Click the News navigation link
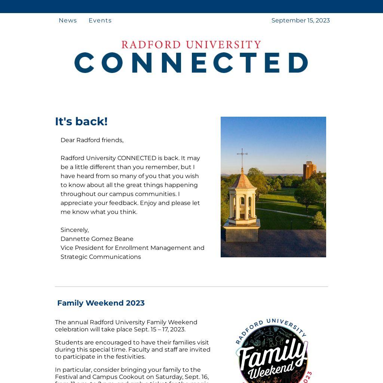tap(68, 21)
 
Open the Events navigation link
tap(100, 21)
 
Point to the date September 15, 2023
tap(300, 21)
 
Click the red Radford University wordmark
tap(191, 45)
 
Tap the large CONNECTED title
tap(191, 62)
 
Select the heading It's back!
tap(81, 122)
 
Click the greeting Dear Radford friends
tap(92, 140)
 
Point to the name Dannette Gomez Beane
tap(97, 239)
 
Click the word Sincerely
tap(74, 230)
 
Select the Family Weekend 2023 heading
tap(101, 303)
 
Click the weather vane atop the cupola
tap(242, 154)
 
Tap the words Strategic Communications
tap(101, 257)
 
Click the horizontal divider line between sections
tap(191, 287)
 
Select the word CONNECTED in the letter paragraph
tap(137, 158)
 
